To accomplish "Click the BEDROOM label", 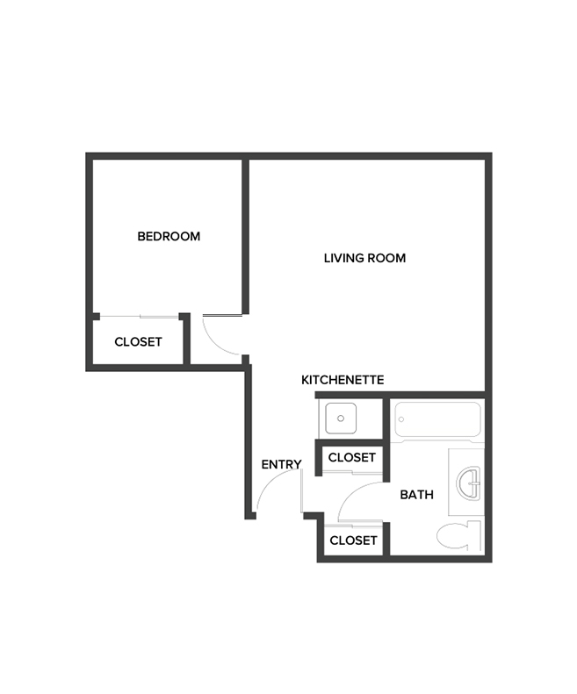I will coord(169,236).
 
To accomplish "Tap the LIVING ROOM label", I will coord(364,258).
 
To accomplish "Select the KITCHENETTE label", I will coord(343,380).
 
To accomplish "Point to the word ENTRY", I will coord(281,464).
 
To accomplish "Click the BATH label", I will coord(416,495).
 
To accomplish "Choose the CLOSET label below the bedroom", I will coord(138,341).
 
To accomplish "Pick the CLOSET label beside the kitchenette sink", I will coord(351,457).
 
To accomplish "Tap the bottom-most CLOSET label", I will coord(353,540).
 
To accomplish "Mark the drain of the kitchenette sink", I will coord(341,419).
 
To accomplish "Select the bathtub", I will coord(436,419).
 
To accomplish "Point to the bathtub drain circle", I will coord(400,419).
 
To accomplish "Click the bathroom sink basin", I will coord(470,481).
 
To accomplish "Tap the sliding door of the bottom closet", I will coord(353,524).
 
